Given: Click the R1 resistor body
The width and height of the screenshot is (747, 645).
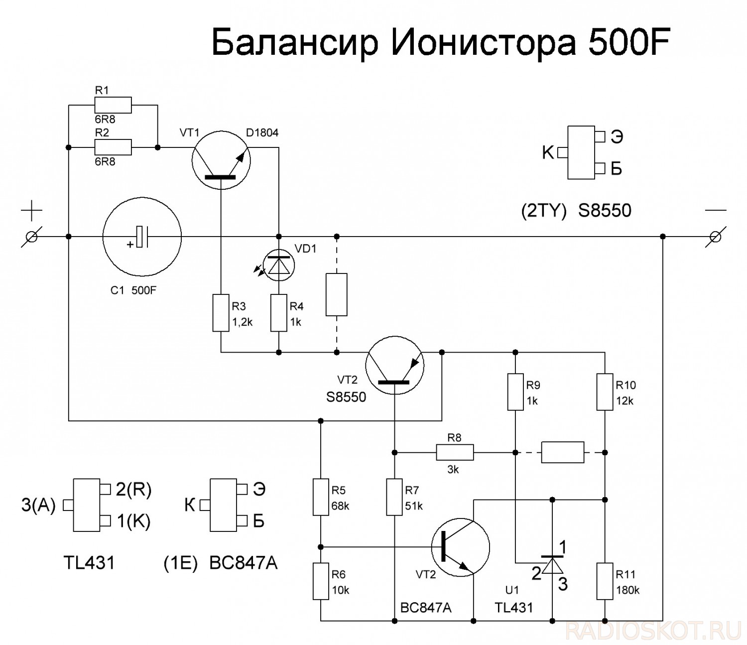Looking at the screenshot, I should [x=113, y=106].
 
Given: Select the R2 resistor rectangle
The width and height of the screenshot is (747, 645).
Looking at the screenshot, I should [x=113, y=147].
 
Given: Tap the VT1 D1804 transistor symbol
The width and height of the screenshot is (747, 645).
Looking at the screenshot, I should [x=221, y=160].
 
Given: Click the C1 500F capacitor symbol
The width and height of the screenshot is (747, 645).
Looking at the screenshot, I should [x=142, y=237].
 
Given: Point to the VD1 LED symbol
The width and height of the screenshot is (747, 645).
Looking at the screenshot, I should [x=279, y=265].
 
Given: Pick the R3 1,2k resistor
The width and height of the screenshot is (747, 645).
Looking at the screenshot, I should [x=221, y=313].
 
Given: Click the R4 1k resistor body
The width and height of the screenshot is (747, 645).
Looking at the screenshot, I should [x=279, y=313].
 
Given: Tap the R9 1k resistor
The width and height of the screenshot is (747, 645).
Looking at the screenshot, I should [x=515, y=391].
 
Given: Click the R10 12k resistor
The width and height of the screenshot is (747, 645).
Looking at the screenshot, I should [x=605, y=391].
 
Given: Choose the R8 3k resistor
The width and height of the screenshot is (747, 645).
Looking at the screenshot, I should [x=455, y=452].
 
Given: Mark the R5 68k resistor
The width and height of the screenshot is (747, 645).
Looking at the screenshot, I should [x=321, y=497].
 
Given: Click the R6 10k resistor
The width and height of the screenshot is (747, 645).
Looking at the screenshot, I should [x=321, y=581].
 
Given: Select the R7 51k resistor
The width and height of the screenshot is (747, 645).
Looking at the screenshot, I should [x=394, y=497].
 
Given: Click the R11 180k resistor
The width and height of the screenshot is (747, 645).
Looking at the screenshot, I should [x=605, y=581].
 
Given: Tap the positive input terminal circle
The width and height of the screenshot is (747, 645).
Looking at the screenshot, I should [x=31, y=237].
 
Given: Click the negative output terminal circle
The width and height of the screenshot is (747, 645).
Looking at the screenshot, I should [x=715, y=237].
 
